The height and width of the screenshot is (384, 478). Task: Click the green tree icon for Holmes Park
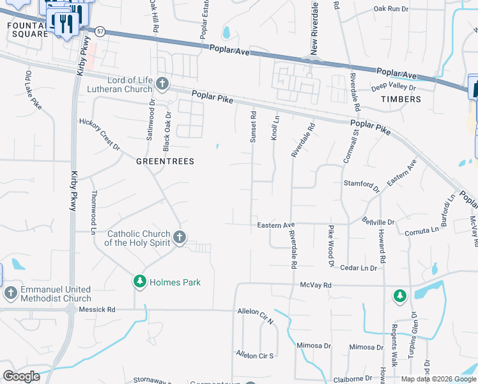click(x=139, y=282)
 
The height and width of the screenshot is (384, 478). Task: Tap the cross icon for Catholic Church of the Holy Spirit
click(x=180, y=238)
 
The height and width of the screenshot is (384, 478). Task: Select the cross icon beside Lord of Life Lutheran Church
click(x=162, y=84)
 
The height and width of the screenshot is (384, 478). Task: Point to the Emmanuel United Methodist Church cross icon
click(x=10, y=293)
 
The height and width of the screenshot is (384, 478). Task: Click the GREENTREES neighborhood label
click(x=165, y=162)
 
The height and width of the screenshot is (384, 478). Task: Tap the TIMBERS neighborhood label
click(x=401, y=99)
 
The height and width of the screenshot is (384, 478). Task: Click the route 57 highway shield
click(x=99, y=31)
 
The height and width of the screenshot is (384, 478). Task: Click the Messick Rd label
click(x=97, y=309)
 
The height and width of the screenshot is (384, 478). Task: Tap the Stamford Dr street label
click(x=362, y=184)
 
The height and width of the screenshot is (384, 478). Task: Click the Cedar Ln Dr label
click(x=359, y=268)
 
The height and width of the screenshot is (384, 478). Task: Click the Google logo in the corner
click(x=21, y=376)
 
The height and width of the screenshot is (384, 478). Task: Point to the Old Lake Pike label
click(x=33, y=91)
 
